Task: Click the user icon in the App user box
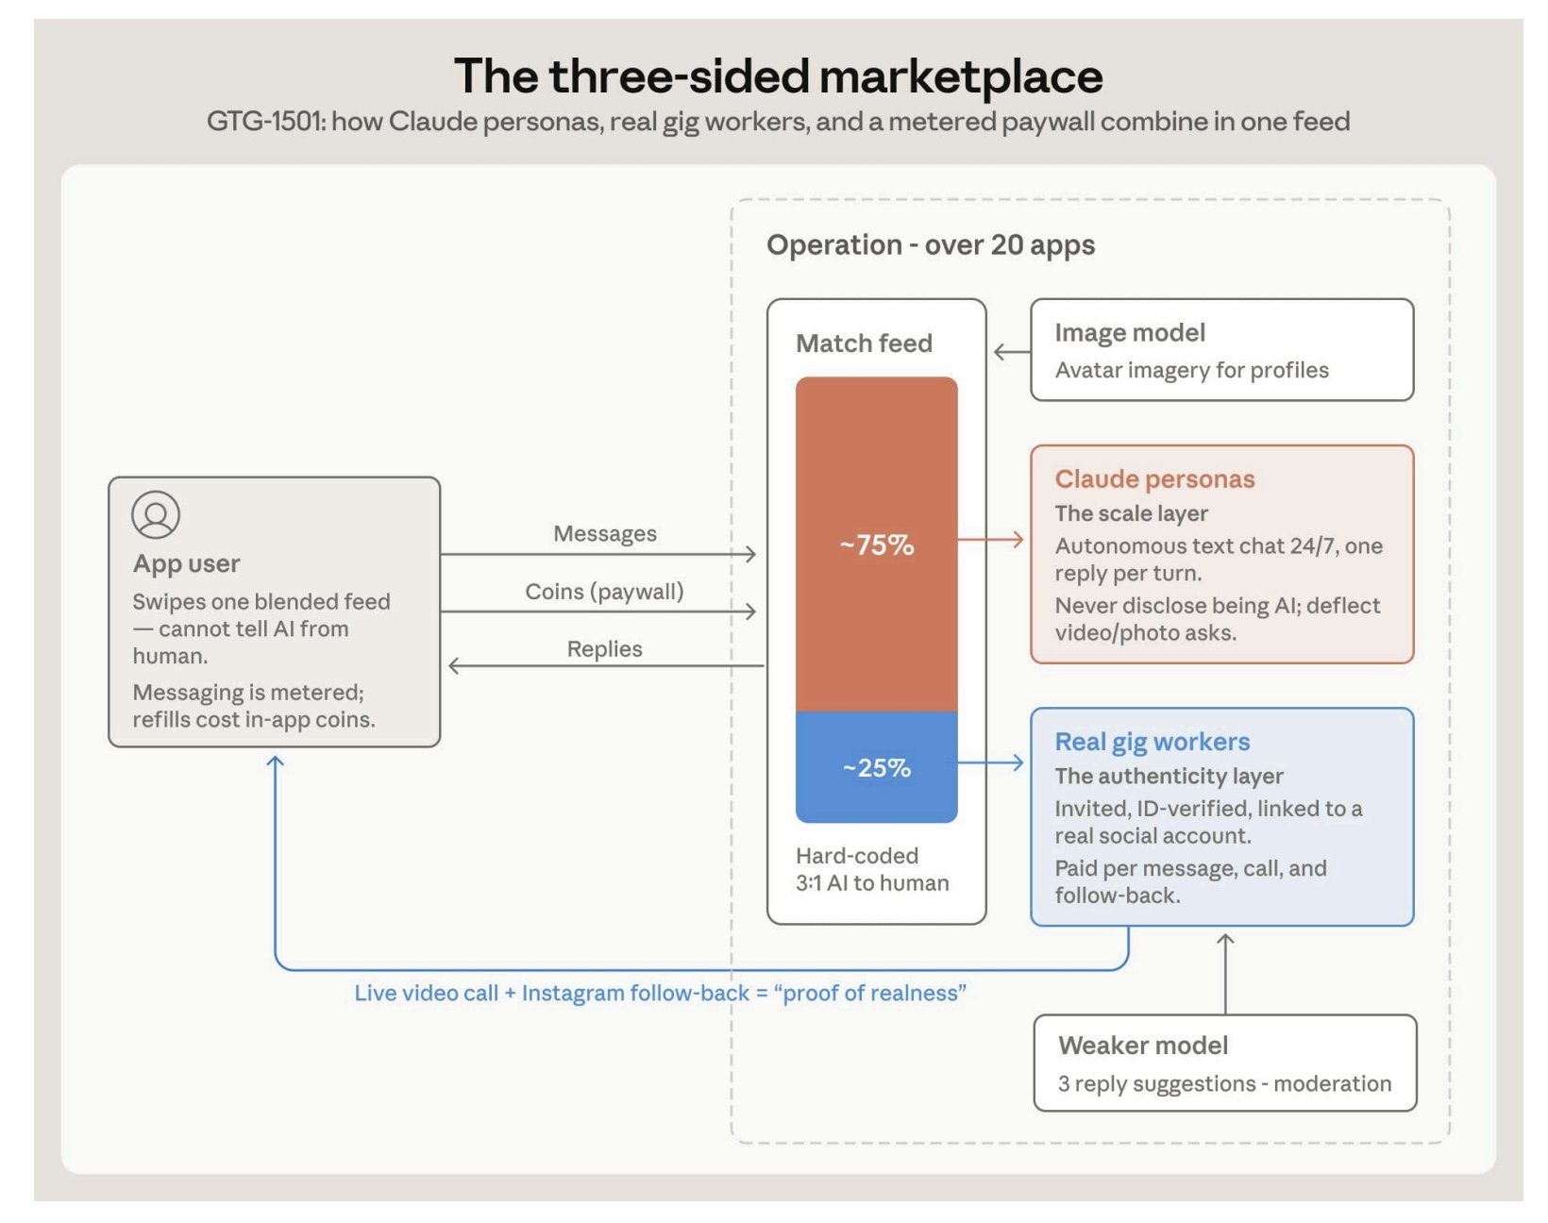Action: (x=156, y=514)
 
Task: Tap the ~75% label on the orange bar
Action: (x=876, y=544)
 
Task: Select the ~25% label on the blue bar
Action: (x=876, y=767)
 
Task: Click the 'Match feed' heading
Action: (x=863, y=343)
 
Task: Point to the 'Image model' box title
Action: (x=1129, y=332)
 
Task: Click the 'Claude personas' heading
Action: (x=1154, y=479)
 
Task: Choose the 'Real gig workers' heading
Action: (x=1153, y=742)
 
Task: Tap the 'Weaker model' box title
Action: (x=1143, y=1046)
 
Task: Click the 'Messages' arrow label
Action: (x=605, y=534)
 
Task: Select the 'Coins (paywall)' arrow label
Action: (x=604, y=592)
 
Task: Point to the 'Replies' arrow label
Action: (x=604, y=649)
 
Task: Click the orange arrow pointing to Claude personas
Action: (x=990, y=540)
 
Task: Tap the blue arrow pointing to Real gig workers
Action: (x=990, y=762)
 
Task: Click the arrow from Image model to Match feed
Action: (x=1012, y=352)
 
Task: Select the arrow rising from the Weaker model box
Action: (x=1225, y=973)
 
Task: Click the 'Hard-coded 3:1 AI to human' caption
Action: (x=872, y=869)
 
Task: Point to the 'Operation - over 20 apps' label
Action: (x=930, y=245)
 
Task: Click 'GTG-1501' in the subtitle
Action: (x=265, y=121)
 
